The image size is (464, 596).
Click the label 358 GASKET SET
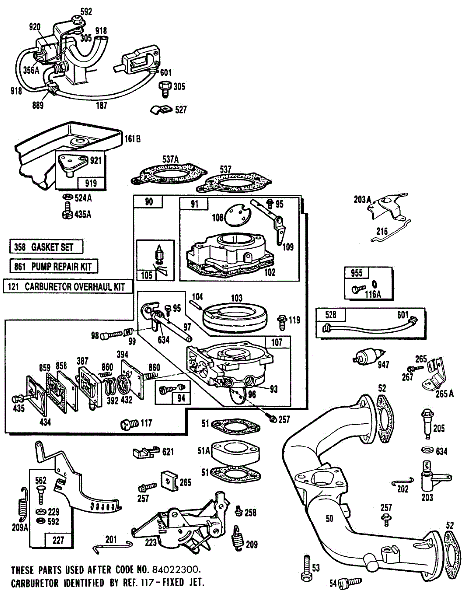click(x=46, y=247)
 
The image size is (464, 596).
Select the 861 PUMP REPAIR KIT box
click(x=53, y=267)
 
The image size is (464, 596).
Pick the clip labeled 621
click(x=143, y=452)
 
